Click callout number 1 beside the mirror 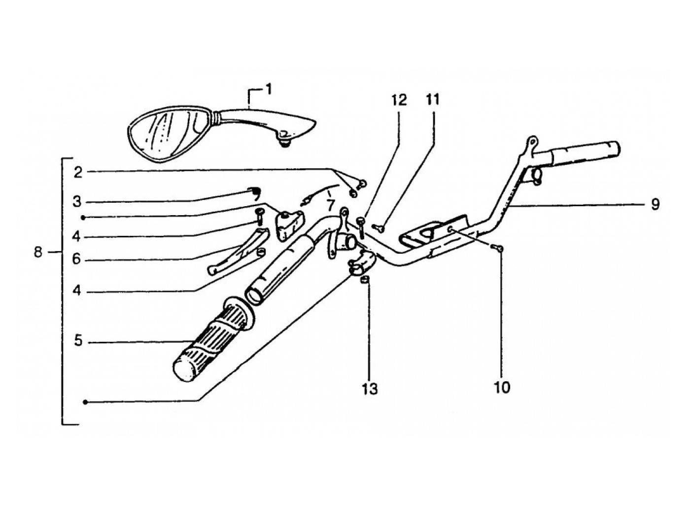268,89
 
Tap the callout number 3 78,202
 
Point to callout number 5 78,341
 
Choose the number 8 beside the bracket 39,253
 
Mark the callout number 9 655,204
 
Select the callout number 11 432,100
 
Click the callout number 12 399,100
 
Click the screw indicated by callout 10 498,249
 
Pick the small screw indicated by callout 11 379,227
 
